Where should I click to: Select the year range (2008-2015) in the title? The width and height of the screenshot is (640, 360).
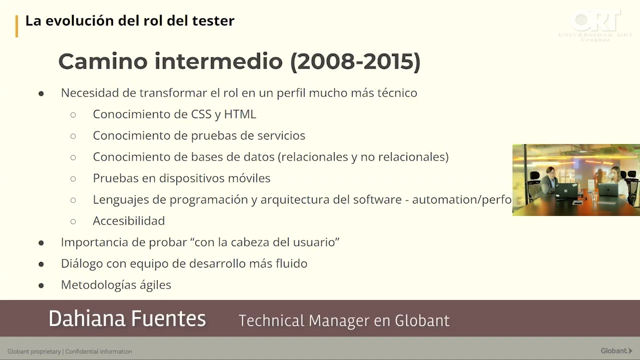point(355,61)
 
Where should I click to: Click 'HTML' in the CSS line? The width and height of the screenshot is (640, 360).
point(240,114)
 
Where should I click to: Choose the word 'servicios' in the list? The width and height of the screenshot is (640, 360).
point(281,135)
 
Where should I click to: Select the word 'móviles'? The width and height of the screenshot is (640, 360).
point(249,178)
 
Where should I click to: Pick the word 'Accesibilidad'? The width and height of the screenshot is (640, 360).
point(128,221)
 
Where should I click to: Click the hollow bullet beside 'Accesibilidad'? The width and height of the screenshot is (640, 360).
point(73,221)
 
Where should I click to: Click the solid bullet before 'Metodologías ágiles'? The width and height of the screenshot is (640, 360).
point(41,285)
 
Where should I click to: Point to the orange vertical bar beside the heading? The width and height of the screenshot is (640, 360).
point(16,26)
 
